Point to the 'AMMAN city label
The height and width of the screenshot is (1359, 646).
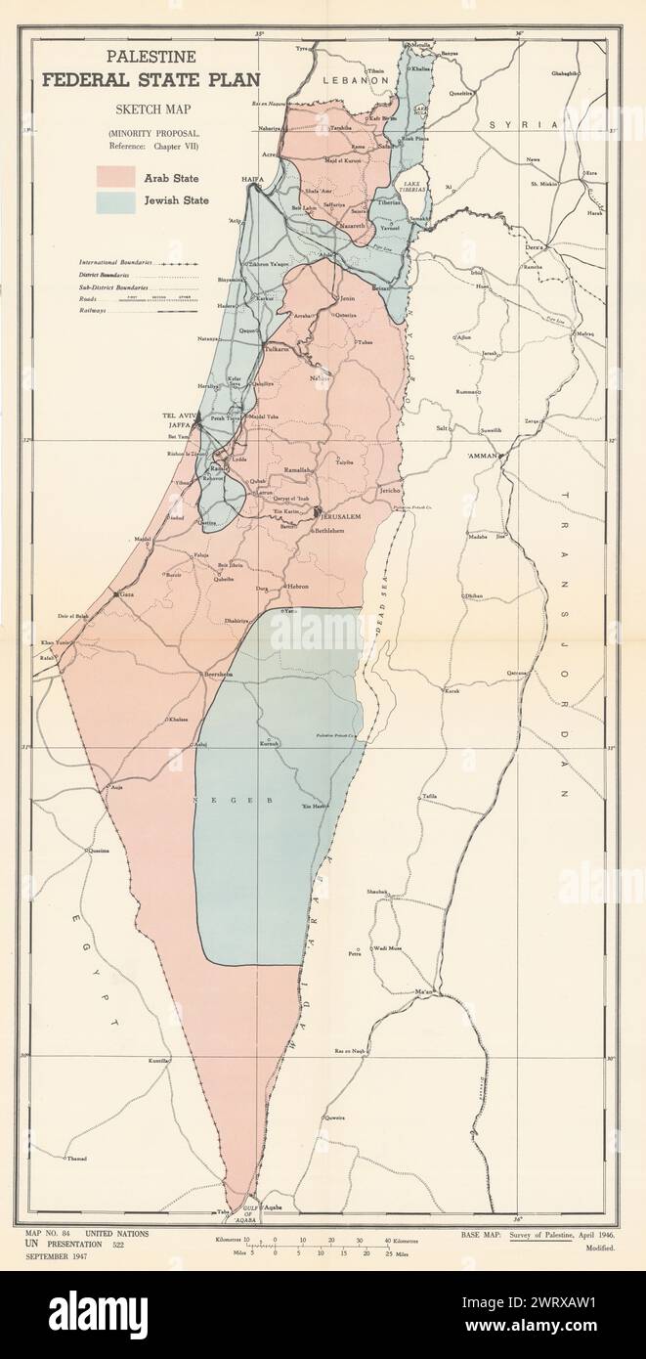pos(483,456)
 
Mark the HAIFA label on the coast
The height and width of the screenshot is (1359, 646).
pos(254,181)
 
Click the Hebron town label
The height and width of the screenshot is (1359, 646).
pos(297,586)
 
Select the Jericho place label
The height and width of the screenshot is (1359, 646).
pos(392,489)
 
